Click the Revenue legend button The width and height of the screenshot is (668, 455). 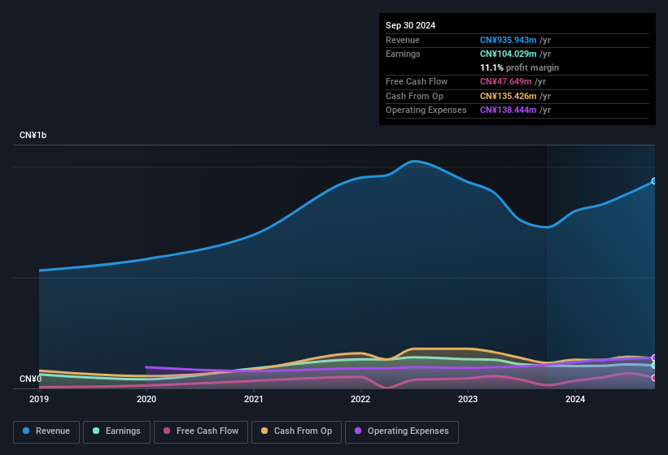coord(46,431)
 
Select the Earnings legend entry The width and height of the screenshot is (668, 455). coord(116,431)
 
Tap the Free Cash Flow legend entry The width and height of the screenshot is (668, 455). coord(201,431)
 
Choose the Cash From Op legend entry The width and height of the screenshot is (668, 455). coord(295,431)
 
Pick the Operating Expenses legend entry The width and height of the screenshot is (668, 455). coord(401,431)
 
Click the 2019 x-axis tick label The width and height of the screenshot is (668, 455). coord(39,399)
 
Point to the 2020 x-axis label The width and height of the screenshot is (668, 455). coord(146,399)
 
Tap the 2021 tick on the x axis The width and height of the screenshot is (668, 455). coord(254,399)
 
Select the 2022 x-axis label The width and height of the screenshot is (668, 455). coord(360,399)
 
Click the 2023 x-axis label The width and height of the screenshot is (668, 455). coord(468,399)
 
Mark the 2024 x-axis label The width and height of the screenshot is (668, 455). coord(575,399)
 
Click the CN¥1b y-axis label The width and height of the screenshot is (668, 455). coord(33,135)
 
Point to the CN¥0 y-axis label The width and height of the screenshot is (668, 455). coord(30,379)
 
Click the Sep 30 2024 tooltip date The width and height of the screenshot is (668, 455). coord(410,25)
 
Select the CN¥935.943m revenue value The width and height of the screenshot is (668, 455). coord(507,40)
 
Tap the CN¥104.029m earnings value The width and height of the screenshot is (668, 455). coord(507,54)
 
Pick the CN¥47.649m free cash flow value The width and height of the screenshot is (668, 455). coord(504,81)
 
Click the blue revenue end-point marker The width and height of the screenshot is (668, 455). coord(654,181)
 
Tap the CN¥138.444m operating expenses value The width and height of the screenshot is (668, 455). coord(507,110)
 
